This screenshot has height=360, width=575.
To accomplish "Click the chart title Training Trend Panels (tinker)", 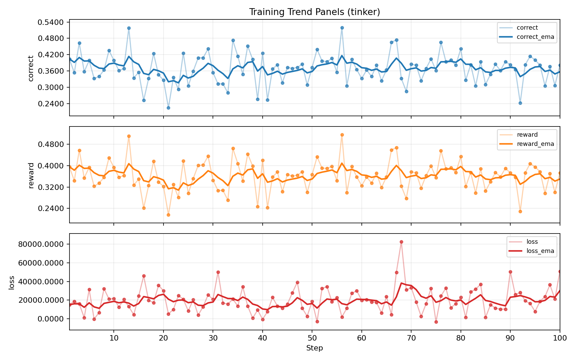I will pyautogui.click(x=314, y=12).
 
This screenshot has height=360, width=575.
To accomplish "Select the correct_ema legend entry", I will pyautogui.click(x=535, y=37).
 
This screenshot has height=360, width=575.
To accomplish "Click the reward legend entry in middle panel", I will pyautogui.click(x=527, y=135).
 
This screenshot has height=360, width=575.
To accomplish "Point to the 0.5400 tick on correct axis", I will pyautogui.click(x=52, y=22).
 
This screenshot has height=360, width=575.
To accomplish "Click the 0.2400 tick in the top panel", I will pyautogui.click(x=52, y=104).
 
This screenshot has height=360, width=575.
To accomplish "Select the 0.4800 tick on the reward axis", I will pyautogui.click(x=52, y=144).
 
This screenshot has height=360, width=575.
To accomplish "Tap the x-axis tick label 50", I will pyautogui.click(x=312, y=338).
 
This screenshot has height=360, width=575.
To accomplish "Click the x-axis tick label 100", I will pyautogui.click(x=560, y=338).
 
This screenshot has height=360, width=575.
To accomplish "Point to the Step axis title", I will pyautogui.click(x=314, y=348).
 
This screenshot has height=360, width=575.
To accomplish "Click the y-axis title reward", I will pyautogui.click(x=31, y=175).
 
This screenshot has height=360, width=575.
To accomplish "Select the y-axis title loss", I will pyautogui.click(x=12, y=282).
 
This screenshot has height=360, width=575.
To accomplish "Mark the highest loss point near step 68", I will pyautogui.click(x=401, y=242).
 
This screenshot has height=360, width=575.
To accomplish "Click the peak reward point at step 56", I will pyautogui.click(x=342, y=135).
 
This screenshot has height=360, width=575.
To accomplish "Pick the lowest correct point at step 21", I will pyautogui.click(x=168, y=108).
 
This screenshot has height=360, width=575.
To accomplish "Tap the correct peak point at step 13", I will pyautogui.click(x=129, y=28).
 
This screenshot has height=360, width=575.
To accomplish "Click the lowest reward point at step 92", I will pyautogui.click(x=520, y=211).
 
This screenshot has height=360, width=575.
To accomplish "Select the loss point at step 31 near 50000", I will pyautogui.click(x=218, y=272).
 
